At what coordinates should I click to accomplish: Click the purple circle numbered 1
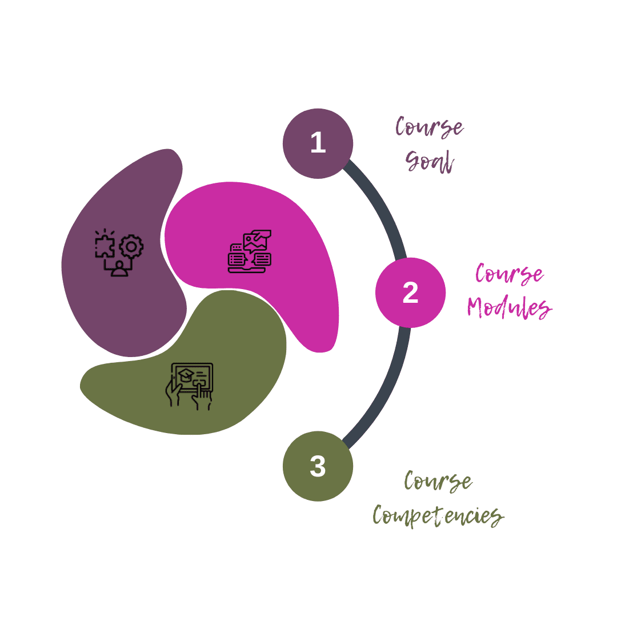click(318, 143)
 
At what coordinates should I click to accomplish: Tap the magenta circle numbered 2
click(410, 293)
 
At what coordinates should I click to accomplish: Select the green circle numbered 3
click(318, 466)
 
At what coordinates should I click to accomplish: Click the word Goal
click(430, 161)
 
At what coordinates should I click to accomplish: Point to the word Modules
click(510, 307)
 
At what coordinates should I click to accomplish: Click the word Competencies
click(438, 515)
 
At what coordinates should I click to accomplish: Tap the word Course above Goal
click(429, 127)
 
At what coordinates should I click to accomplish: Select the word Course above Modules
click(510, 273)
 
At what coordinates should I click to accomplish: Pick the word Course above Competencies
click(438, 481)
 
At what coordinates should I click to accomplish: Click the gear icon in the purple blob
click(131, 247)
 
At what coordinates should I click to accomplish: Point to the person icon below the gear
click(119, 269)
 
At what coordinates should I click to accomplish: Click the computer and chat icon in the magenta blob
click(250, 251)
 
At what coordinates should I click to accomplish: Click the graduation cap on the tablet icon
click(186, 375)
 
